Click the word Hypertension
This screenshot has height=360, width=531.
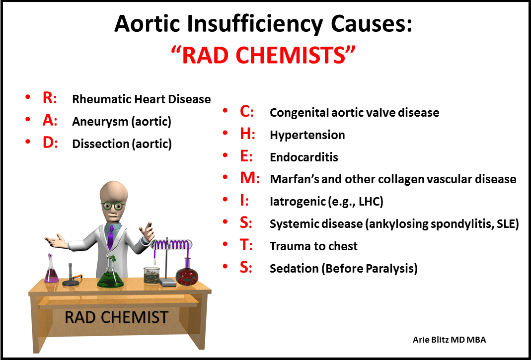coord(307,135)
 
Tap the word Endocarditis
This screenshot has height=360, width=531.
coord(303,157)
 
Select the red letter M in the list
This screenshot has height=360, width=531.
coord(249,178)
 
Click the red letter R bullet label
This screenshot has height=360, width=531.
coord(49,98)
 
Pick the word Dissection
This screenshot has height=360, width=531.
coord(100,144)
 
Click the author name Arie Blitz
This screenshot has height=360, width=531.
coord(431,340)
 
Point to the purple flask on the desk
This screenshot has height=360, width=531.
coord(51,273)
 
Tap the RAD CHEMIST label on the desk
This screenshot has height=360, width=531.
coord(116,317)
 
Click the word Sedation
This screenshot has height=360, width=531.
coord(293,269)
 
